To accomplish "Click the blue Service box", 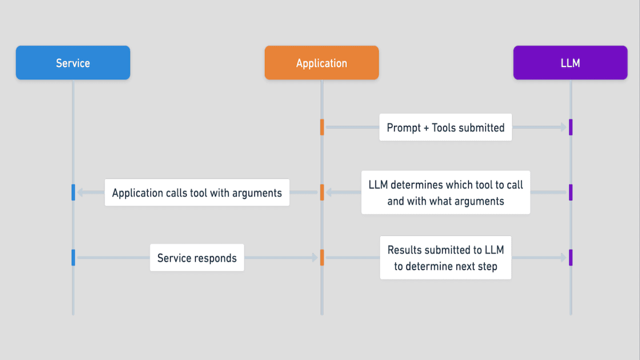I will pos(73,63).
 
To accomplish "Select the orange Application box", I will pos(322,63).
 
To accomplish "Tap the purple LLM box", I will pos(570,63).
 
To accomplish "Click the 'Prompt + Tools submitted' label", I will pos(445,127).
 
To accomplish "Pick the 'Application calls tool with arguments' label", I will pos(197,193).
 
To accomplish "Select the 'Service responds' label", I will pos(197,258).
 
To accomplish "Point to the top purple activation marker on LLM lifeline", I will pos(571,127).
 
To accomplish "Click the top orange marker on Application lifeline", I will pos(322,127).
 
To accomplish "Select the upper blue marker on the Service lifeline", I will pos(73,193).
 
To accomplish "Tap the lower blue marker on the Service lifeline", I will pos(73,258).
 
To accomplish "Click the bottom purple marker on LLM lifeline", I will pos(571,258).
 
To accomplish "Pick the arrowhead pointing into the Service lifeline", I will pos(80,193).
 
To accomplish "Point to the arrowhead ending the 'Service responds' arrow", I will pos(315,258).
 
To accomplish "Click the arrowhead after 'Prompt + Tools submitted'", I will pos(563,127).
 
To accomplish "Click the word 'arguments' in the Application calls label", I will pos(257,193).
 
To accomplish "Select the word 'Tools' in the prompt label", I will pos(444,127).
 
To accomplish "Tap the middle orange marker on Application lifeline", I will pos(322,193).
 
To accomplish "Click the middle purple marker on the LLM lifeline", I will pos(571,193).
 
